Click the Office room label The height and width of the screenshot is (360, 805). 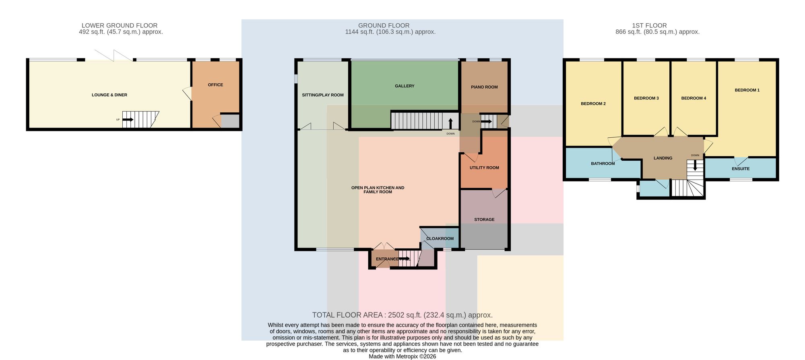coord(215,85)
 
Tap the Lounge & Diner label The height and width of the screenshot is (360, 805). coord(109,95)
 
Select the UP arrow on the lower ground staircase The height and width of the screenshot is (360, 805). coord(128,120)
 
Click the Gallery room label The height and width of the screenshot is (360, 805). coord(405,86)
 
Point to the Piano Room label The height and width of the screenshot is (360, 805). coord(484,87)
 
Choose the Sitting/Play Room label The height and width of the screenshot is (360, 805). coord(323,95)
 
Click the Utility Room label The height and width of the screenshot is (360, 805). coord(484,168)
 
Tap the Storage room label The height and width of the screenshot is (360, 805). coord(484,219)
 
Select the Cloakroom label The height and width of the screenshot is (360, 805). coord(440,239)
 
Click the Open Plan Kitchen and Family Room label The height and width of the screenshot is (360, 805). coord(378,190)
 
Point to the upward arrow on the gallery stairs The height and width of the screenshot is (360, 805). coord(450,123)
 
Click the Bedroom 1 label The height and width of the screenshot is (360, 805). coord(747,90)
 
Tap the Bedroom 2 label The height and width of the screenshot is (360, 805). coord(593,104)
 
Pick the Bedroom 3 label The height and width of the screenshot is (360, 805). coord(646,98)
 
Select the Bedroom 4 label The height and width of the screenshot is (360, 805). coord(694,98)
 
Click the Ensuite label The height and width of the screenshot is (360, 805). coord(741,169)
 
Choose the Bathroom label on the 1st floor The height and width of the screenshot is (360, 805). coord(603,163)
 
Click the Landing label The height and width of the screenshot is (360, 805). coord(663,158)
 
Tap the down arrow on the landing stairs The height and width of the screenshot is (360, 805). coord(695,165)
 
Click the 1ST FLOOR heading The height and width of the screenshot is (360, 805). coord(649,25)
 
